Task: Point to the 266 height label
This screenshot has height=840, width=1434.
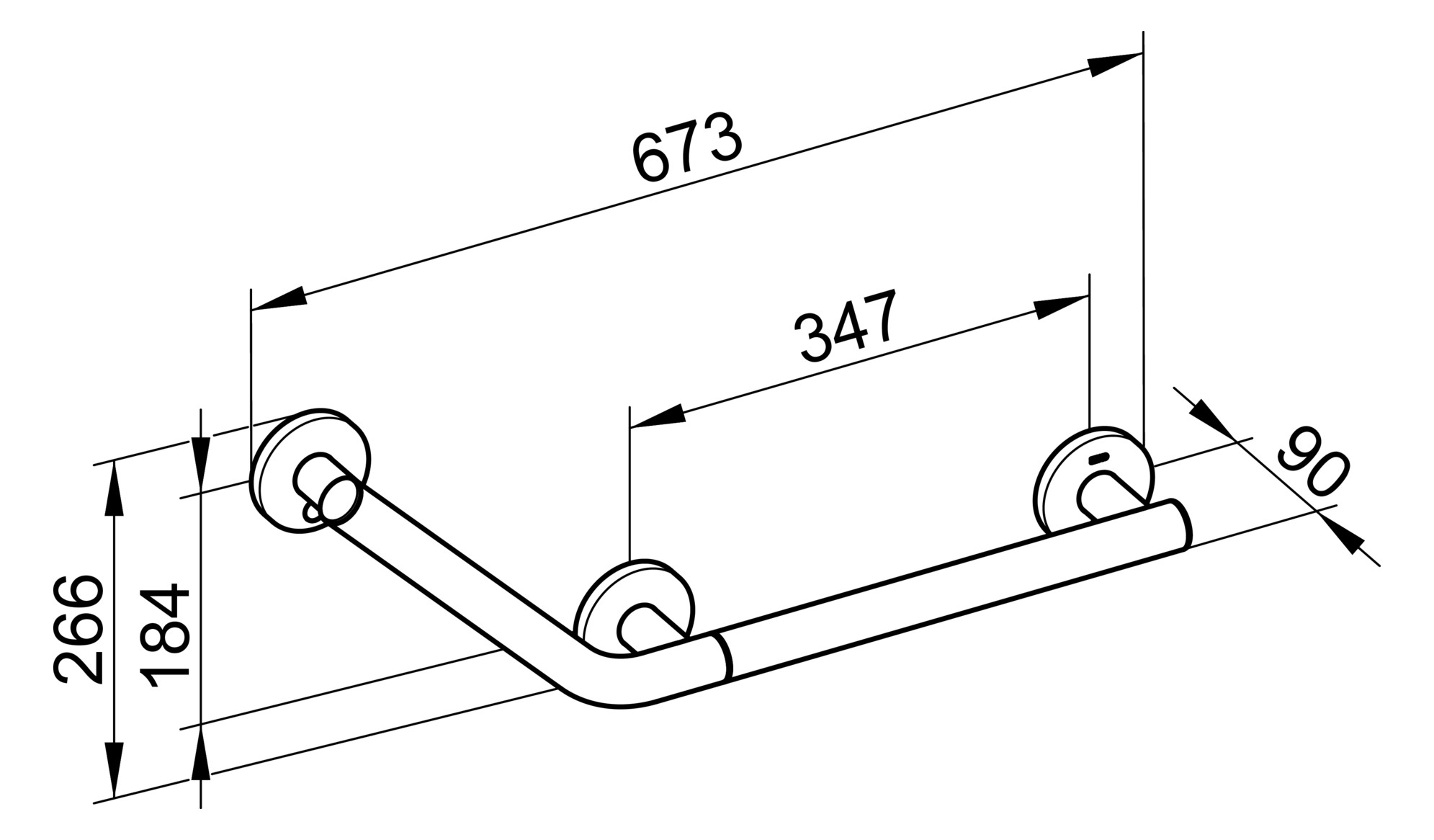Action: point(79,627)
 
